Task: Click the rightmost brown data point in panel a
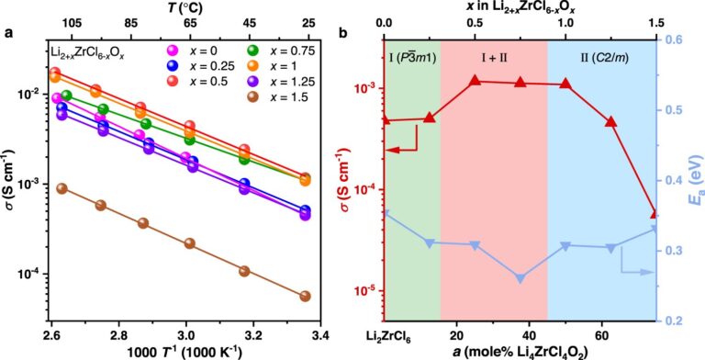coord(305,296)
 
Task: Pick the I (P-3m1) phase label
coord(411,58)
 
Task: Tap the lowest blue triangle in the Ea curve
coord(520,278)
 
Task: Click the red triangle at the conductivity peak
coord(476,81)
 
